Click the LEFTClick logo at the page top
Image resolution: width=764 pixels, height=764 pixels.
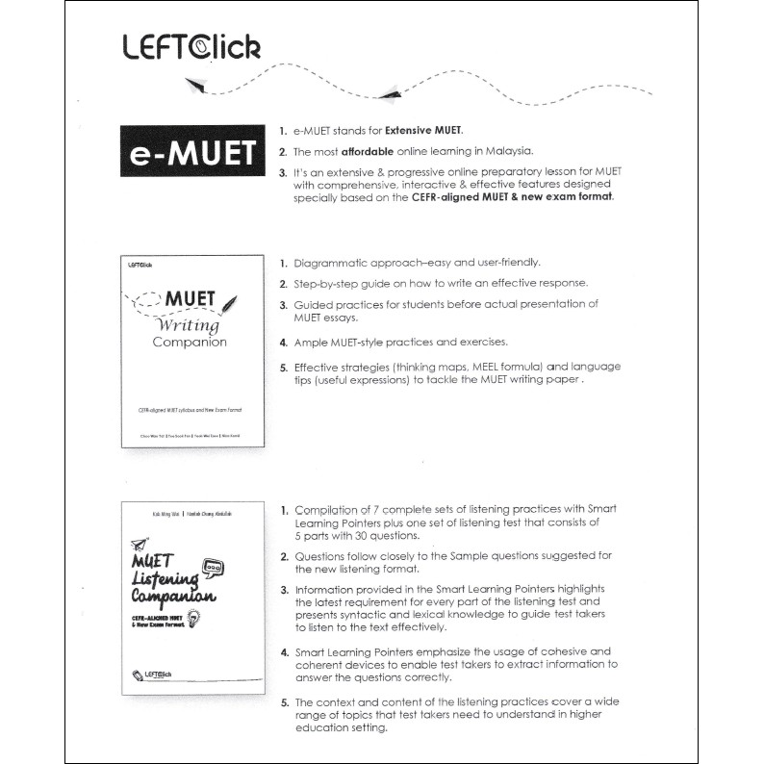[x=191, y=46]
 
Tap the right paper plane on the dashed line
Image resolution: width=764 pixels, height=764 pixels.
[x=390, y=91]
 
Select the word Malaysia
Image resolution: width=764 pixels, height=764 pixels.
[x=508, y=151]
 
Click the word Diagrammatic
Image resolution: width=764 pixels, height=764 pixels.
[x=333, y=263]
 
